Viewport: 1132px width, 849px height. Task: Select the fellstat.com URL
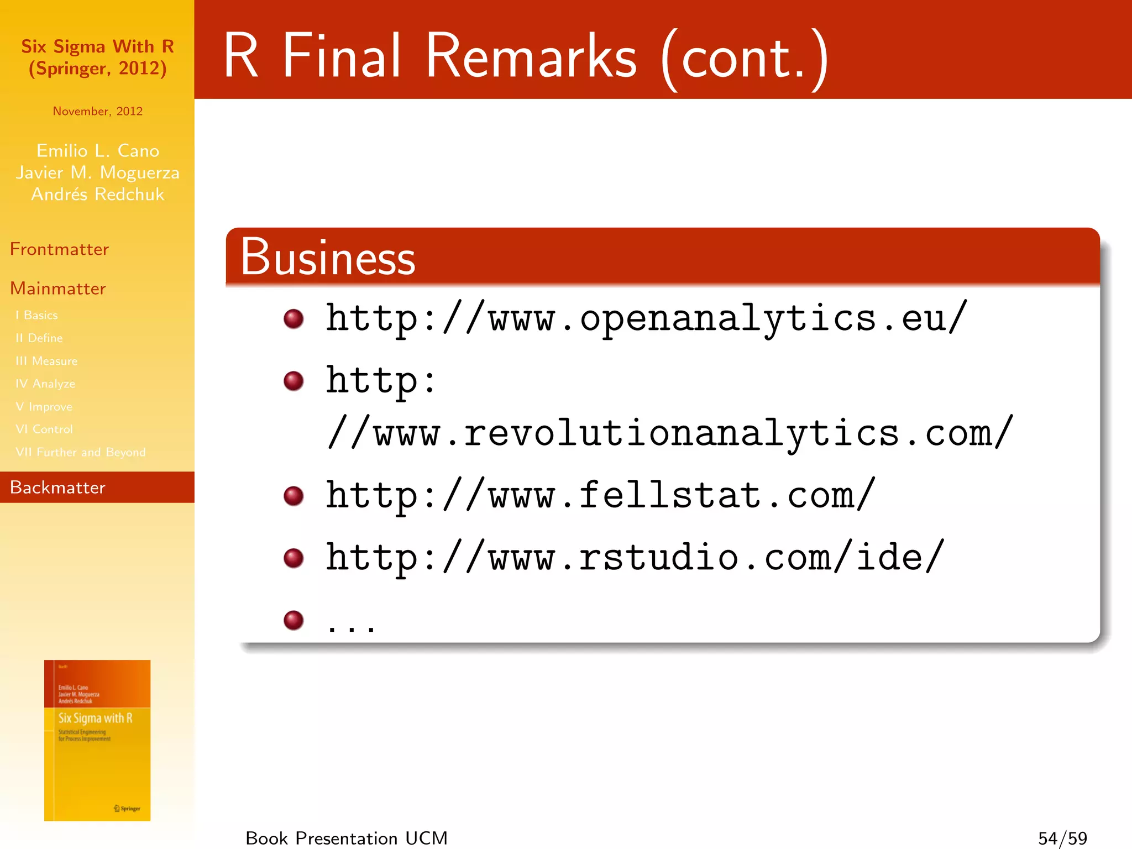pos(600,495)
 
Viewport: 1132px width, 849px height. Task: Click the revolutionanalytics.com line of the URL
pos(670,433)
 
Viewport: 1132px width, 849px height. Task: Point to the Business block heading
pos(328,258)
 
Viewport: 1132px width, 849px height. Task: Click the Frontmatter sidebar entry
pos(60,249)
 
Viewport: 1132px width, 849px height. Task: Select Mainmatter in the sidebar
pos(58,289)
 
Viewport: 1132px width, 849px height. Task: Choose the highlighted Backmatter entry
pos(58,488)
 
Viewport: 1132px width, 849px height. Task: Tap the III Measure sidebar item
pos(47,361)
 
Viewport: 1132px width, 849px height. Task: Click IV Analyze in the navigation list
pos(46,384)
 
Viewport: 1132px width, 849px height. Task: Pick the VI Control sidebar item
pos(44,429)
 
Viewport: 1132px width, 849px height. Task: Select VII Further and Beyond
pos(81,452)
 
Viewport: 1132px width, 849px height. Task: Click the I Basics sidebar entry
pos(37,315)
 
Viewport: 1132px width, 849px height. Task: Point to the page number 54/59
pos(1062,838)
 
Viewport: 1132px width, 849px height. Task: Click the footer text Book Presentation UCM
pos(347,838)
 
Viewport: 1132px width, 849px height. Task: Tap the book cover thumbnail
pos(97,740)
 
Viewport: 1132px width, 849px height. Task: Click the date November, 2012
pos(98,111)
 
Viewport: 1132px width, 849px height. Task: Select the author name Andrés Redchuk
pos(98,195)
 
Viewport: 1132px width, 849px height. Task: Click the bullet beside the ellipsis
pos(294,620)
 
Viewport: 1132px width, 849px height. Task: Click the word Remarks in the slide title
pos(531,56)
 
